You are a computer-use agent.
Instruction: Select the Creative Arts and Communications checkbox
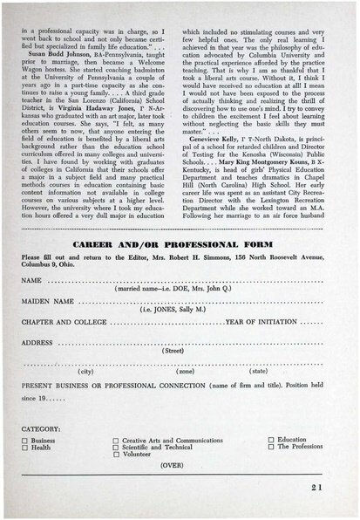click(x=116, y=441)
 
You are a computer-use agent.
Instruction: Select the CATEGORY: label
click(x=40, y=429)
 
